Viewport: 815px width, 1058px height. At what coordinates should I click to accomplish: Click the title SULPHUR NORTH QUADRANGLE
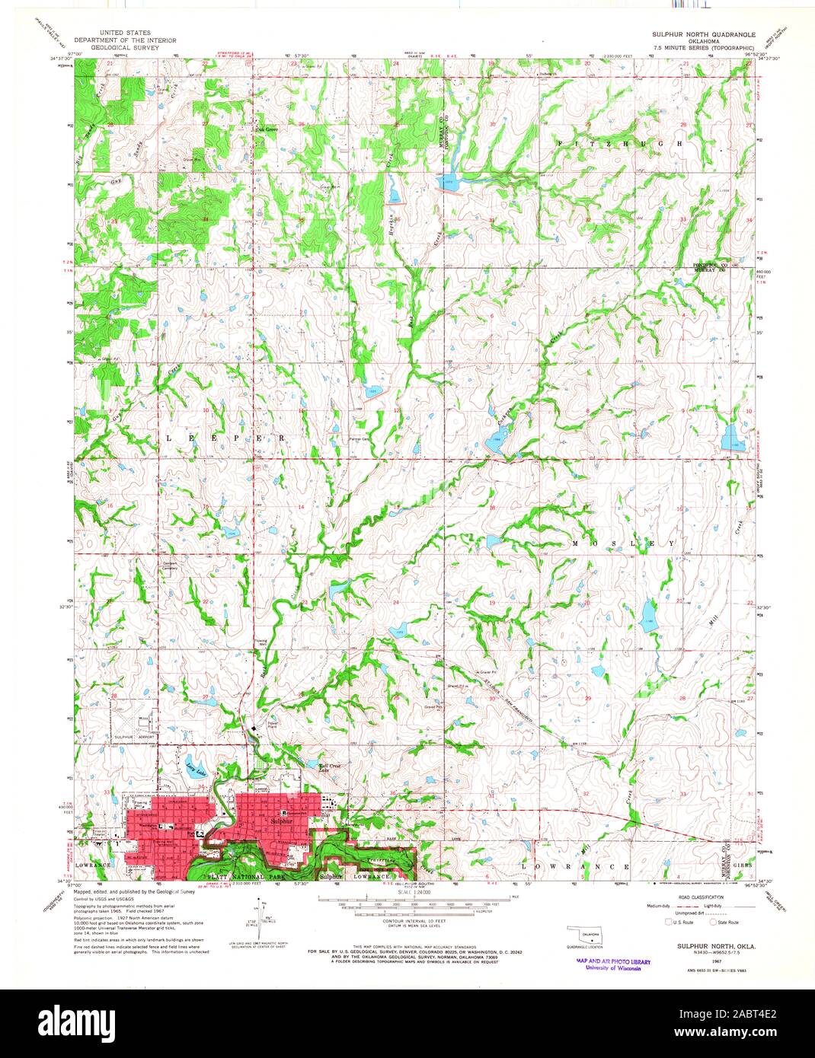702,34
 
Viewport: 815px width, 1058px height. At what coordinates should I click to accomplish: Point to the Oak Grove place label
267,130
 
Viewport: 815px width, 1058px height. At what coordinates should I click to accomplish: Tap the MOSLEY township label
623,543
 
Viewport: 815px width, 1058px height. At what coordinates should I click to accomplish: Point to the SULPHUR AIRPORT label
134,738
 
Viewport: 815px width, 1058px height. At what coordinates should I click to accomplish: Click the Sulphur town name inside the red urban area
281,823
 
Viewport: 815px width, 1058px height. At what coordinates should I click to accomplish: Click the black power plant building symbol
254,729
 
